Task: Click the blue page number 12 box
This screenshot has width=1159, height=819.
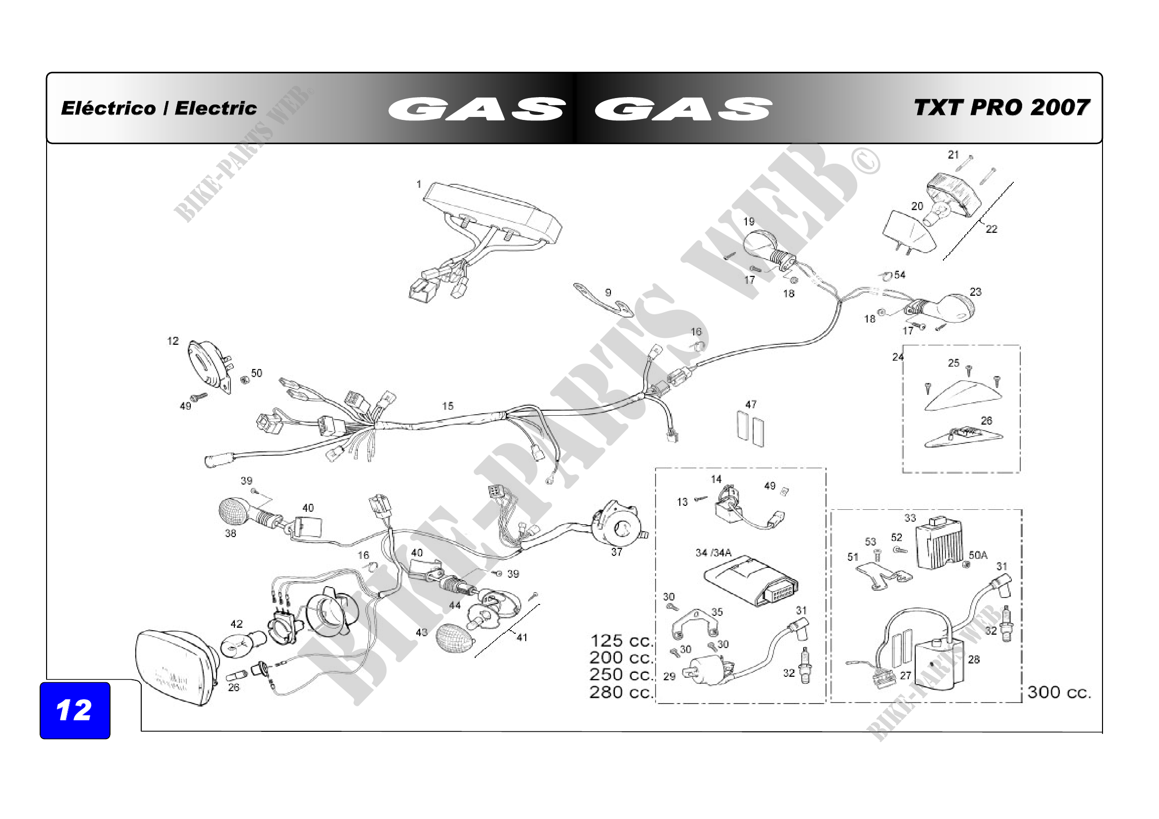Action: click(x=75, y=710)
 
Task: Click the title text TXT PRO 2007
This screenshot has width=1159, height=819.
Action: click(x=1001, y=108)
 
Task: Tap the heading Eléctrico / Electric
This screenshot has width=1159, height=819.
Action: click(x=159, y=108)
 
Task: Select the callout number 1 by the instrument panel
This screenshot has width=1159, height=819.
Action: click(x=419, y=184)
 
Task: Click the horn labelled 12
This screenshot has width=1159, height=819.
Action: click(x=209, y=365)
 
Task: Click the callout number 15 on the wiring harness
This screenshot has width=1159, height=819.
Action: click(x=447, y=406)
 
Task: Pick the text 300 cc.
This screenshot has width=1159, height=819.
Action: click(x=1059, y=692)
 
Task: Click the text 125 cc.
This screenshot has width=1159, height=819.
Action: click(x=621, y=641)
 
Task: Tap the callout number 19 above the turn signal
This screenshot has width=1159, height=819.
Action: click(x=748, y=221)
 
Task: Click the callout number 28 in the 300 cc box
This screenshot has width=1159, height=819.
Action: click(x=973, y=659)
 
